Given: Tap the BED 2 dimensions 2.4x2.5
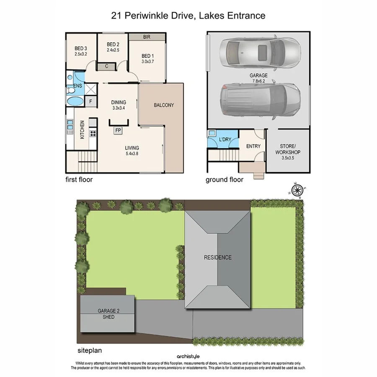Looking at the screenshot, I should tap(113, 50).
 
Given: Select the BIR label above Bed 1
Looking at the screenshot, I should tap(147, 37).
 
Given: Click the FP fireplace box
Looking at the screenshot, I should tap(119, 130).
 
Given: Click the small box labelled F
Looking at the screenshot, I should tap(90, 101).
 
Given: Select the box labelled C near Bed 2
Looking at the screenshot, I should tap(107, 66).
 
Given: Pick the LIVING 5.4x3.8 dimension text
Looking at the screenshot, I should tap(132, 154).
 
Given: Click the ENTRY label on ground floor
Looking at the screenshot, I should tap(253, 146).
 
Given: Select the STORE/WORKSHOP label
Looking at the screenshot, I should tap(287, 149).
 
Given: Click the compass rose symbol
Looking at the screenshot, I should tap(298, 190).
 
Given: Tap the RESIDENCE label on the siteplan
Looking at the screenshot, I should tap(217, 257).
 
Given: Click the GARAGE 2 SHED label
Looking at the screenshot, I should tap(106, 314).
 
